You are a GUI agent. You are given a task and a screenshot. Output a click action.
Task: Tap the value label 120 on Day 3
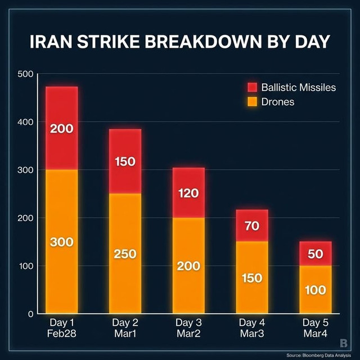pyautogui.click(x=188, y=193)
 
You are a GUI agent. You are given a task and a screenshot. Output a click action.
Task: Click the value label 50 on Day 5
pyautogui.click(x=315, y=254)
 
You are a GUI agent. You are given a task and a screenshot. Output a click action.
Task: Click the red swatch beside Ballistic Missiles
pyautogui.click(x=251, y=87)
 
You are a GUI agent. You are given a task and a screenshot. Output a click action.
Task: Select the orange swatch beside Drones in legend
pyautogui.click(x=251, y=102)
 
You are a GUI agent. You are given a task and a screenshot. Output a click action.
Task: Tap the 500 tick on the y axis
pyautogui.click(x=26, y=74)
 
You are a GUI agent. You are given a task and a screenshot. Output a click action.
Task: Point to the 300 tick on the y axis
pyautogui.click(x=26, y=170)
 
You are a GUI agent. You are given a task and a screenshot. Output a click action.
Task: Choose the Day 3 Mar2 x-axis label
pyautogui.click(x=188, y=328)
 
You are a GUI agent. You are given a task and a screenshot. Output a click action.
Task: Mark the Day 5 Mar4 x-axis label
pyautogui.click(x=315, y=328)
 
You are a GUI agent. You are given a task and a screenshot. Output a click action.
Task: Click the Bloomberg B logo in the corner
pyautogui.click(x=344, y=343)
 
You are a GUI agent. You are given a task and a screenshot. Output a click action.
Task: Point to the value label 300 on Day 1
pyautogui.click(x=61, y=242)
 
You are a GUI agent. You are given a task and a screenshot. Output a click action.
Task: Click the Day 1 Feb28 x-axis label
pyautogui.click(x=61, y=328)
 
